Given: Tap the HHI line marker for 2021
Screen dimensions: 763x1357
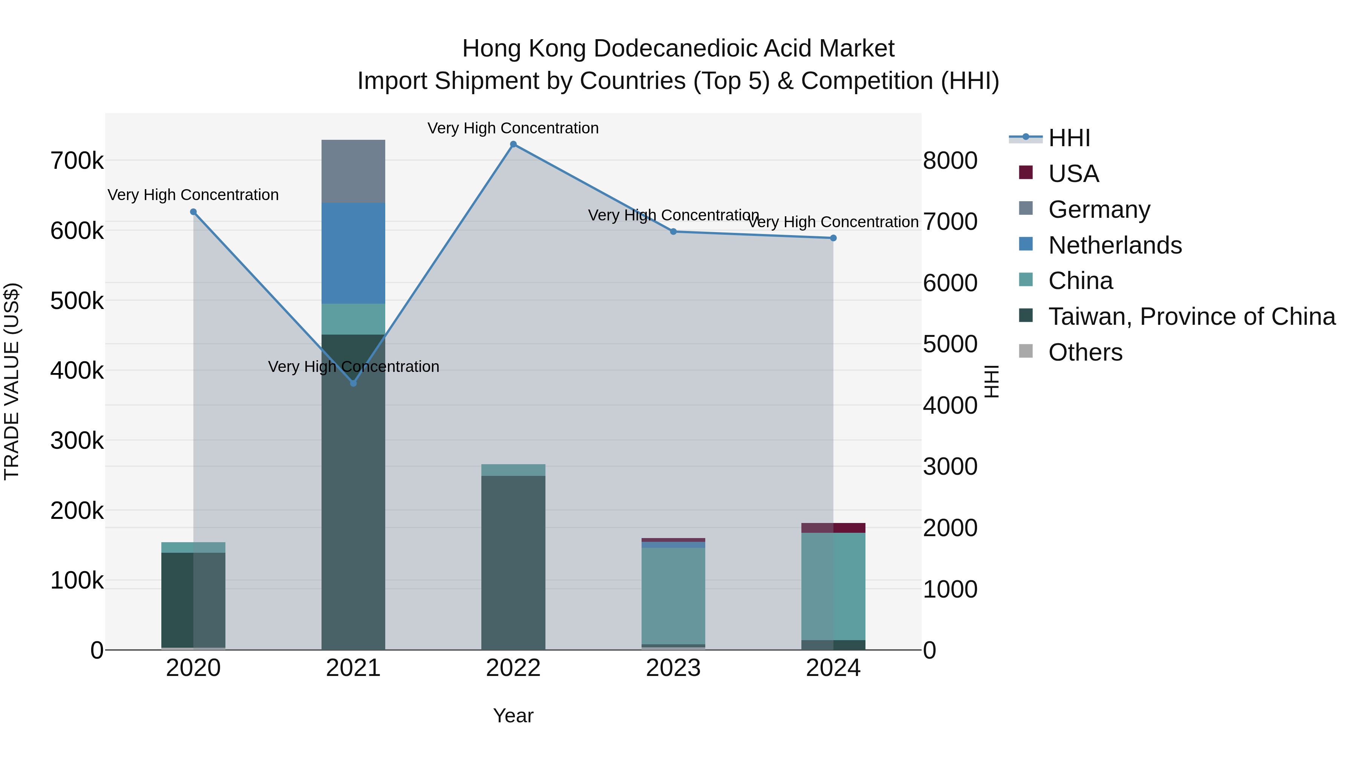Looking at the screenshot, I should point(354,383).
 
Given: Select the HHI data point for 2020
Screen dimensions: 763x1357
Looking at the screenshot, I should point(193,212).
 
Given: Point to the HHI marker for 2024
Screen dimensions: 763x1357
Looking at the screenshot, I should point(833,238).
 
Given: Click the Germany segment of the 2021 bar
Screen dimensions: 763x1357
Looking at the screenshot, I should point(354,171).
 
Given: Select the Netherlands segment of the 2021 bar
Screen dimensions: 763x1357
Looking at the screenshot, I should point(354,253).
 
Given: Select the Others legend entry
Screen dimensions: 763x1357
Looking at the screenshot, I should point(1085,352).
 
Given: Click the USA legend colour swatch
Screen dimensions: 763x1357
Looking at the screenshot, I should point(1026,173).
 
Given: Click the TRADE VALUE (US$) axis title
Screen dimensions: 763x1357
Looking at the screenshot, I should point(12,381).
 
